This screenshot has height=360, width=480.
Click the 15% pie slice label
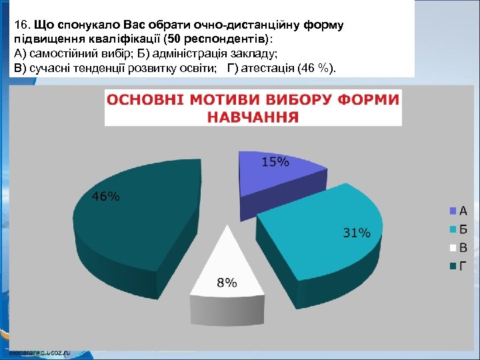tap(275, 162)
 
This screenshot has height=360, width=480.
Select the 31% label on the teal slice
tap(356, 233)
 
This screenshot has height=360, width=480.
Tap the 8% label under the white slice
tap(227, 282)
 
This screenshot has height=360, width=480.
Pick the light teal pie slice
tap(320, 233)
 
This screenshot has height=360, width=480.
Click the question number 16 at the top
tap(20, 25)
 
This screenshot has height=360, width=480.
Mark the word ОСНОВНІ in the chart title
tap(146, 101)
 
